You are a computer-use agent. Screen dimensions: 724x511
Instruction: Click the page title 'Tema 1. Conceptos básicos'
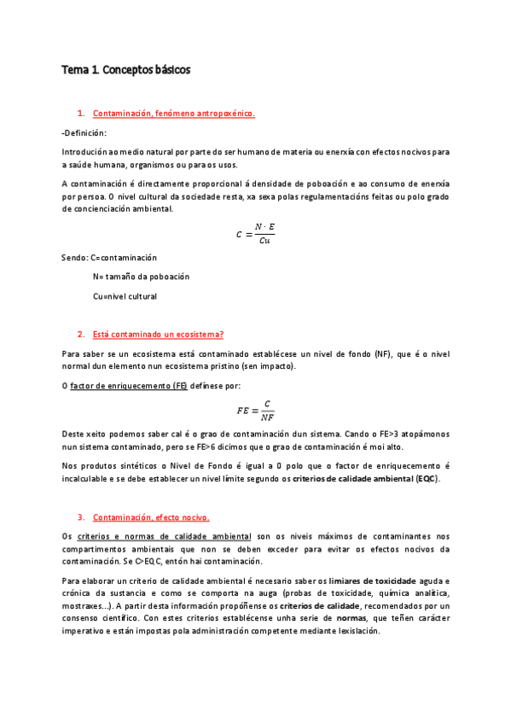point(125,70)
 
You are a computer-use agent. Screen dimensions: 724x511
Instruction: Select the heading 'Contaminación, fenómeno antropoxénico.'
point(173,113)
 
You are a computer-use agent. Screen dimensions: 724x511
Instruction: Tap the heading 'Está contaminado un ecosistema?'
point(158,334)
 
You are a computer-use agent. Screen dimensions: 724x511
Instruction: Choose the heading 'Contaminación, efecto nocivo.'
point(150,517)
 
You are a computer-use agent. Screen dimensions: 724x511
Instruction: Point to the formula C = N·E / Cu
point(255,233)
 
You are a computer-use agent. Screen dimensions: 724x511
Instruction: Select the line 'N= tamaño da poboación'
point(141,277)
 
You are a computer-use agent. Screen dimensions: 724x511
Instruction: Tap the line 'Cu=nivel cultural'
point(125,296)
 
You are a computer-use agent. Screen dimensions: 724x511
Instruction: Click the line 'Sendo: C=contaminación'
point(109,258)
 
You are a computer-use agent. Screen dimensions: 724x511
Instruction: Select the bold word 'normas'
point(351,618)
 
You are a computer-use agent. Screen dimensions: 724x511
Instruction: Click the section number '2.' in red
point(80,334)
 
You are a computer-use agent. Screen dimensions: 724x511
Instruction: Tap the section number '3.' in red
point(80,517)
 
